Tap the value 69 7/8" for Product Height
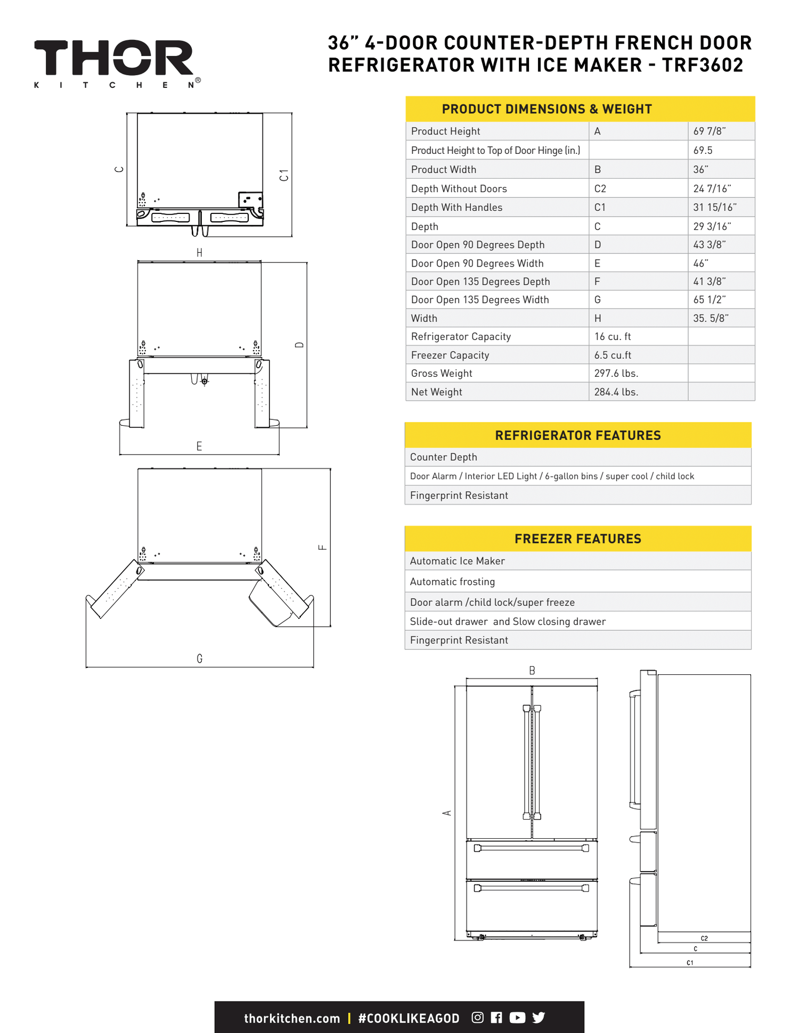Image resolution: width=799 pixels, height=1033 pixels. (709, 131)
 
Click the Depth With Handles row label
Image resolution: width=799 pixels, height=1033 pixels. (456, 208)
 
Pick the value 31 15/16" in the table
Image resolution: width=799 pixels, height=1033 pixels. (714, 208)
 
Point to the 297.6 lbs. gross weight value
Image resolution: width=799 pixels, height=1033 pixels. (616, 374)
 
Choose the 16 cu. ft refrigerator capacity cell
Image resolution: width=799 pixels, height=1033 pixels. (613, 337)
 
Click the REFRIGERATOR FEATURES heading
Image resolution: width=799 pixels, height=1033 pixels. (577, 435)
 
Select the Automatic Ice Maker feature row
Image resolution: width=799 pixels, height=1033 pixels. (457, 561)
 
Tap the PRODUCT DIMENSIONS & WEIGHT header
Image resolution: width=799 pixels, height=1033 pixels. (547, 109)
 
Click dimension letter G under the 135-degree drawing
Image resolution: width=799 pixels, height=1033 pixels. (199, 659)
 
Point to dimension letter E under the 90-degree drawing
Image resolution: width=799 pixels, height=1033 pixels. (199, 447)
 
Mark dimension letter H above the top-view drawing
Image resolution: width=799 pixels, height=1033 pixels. (199, 253)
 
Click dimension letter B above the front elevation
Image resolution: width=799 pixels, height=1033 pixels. (532, 671)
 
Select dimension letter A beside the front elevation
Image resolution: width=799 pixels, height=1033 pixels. (447, 813)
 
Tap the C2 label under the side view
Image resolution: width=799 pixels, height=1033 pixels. (704, 938)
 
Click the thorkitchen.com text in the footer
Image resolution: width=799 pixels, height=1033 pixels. (292, 1019)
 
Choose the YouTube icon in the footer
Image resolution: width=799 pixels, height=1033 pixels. (517, 1018)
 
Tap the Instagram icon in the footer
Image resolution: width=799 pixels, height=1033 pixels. (477, 1018)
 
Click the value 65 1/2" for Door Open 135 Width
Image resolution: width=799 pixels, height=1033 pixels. (709, 300)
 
